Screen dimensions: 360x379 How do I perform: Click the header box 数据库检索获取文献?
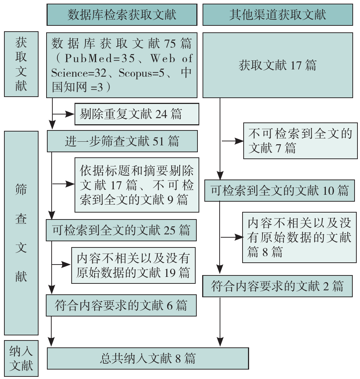122,15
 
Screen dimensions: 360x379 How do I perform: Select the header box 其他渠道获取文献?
278,15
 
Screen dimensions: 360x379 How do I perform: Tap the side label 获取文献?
21,64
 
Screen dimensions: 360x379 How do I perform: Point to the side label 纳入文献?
21,358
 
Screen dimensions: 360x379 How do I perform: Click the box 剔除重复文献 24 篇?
137,114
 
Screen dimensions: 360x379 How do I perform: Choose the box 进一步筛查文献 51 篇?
122,141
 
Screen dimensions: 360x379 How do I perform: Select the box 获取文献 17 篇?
278,65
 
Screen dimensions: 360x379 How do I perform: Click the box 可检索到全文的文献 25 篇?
121,230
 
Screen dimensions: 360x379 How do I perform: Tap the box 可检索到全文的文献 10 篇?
279,190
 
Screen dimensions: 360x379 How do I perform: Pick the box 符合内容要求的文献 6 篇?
121,305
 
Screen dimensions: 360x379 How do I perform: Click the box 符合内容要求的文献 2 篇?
277,286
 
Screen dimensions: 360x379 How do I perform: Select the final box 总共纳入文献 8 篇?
148,358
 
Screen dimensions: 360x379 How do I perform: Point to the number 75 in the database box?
170,44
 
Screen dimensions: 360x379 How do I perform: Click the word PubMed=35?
100,58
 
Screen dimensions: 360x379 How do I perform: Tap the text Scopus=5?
141,73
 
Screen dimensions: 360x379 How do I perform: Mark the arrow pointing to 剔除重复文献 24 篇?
63,114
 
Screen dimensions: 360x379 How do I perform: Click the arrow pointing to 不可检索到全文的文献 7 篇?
232,141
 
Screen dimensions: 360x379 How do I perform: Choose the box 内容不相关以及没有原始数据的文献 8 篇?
299,237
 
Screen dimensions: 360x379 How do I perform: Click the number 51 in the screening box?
158,141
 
